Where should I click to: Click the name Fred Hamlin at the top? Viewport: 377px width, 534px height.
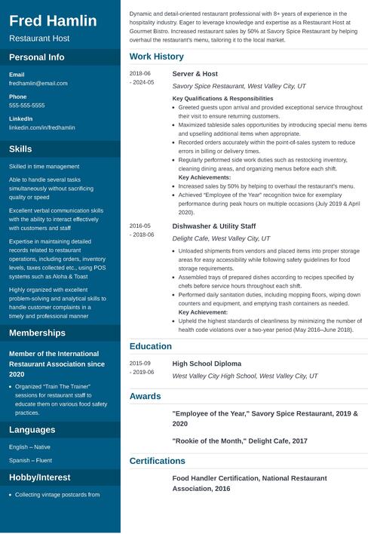pyautogui.click(x=53, y=21)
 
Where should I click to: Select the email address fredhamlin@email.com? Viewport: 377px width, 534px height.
pyautogui.click(x=38, y=84)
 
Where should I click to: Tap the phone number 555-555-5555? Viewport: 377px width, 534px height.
pyautogui.click(x=26, y=106)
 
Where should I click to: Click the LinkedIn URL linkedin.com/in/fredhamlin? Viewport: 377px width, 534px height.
pyautogui.click(x=41, y=127)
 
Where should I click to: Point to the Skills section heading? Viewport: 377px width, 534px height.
pyautogui.click(x=20, y=149)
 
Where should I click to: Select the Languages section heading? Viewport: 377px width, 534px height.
pyautogui.click(x=32, y=430)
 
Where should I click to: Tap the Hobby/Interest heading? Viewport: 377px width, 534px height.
pyautogui.click(x=40, y=477)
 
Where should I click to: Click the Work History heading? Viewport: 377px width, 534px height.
pyautogui.click(x=156, y=57)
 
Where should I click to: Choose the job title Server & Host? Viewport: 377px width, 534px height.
pyautogui.click(x=195, y=74)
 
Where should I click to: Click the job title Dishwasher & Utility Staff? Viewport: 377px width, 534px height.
pyautogui.click(x=213, y=226)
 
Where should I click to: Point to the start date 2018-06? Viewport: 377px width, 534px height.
pyautogui.click(x=139, y=74)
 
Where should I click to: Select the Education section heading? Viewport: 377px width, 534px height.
pyautogui.click(x=150, y=346)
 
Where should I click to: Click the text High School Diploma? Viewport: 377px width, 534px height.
pyautogui.click(x=207, y=364)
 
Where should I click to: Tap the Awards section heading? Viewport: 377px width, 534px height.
pyautogui.click(x=145, y=396)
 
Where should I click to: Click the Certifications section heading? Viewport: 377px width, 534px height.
pyautogui.click(x=157, y=461)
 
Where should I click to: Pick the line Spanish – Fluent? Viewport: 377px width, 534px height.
pyautogui.click(x=30, y=460)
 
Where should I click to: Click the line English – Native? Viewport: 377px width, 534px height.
pyautogui.click(x=29, y=447)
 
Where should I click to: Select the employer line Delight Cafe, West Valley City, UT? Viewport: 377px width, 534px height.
pyautogui.click(x=221, y=238)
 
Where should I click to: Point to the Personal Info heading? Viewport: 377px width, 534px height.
pyautogui.click(x=36, y=57)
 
